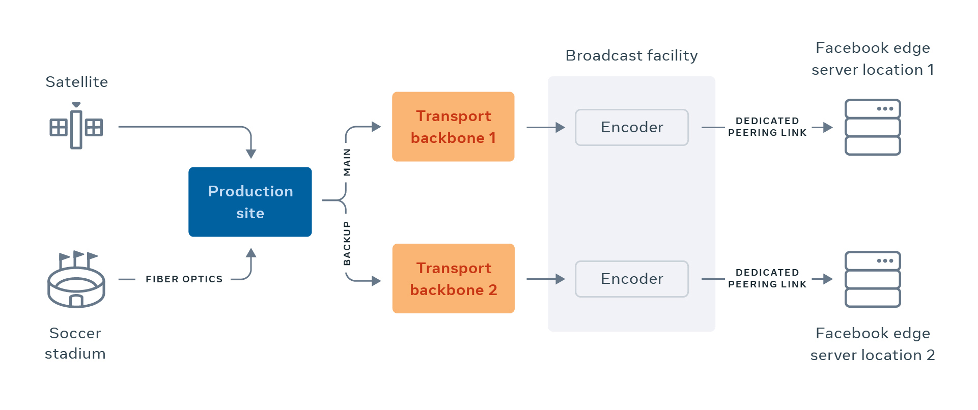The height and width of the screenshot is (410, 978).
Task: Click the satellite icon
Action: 76,126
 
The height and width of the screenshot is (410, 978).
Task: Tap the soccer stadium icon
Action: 76,281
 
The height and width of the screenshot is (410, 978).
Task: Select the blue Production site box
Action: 250,202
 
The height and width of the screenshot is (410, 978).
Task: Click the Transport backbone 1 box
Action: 453,127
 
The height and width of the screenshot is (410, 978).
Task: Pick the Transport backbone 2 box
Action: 453,278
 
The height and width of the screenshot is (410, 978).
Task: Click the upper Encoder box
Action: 631,127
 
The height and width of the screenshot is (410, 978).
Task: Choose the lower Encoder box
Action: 631,279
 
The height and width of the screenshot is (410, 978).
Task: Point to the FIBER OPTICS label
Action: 184,279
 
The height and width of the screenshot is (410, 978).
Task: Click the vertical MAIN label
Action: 347,162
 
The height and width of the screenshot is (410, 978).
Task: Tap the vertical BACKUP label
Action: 347,243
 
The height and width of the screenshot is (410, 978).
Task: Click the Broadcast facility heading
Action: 631,55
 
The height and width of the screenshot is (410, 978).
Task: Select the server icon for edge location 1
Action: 873,127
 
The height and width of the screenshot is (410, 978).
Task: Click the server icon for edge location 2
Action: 873,279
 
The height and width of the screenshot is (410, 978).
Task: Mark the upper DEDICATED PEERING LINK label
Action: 767,127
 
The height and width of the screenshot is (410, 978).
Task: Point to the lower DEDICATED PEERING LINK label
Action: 767,278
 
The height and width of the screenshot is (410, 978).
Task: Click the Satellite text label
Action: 76,82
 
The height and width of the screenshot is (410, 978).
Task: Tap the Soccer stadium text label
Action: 75,343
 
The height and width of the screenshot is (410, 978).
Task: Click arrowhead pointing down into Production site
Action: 251,154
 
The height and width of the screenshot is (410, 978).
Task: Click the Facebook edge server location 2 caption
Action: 873,344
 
